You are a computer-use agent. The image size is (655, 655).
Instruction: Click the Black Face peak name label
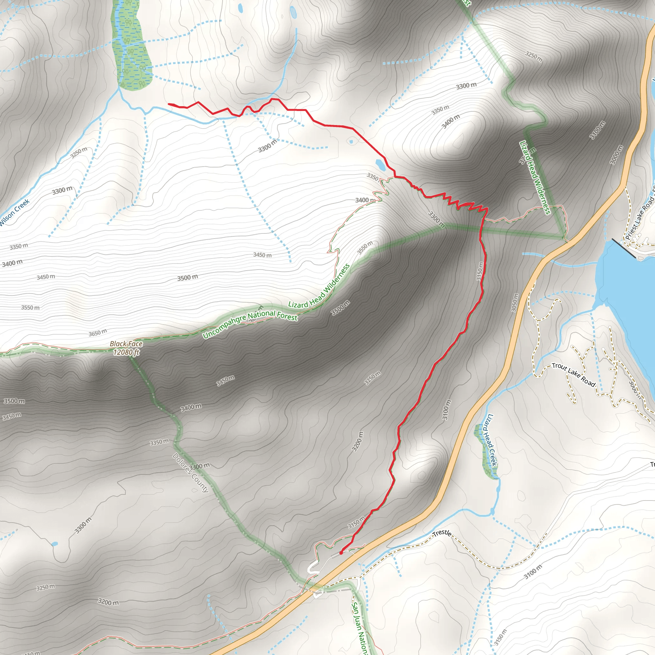coord(126,344)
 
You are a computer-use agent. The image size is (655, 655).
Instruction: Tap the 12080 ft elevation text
coord(126,352)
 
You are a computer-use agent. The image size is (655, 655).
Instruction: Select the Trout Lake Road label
coord(573,374)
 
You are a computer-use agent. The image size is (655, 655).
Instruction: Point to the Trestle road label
coord(442,533)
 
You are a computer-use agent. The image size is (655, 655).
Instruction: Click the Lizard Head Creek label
coord(492,440)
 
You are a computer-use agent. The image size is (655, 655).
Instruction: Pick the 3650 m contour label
coord(98,333)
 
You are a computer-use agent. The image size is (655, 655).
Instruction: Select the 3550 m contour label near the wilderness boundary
coord(365,248)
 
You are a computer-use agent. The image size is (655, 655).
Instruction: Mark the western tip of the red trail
coord(169,104)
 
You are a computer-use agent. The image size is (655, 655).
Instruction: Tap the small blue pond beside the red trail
coord(380,165)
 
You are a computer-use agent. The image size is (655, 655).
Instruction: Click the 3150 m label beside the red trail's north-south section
coord(480,271)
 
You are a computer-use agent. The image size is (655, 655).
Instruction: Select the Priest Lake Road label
coord(640,217)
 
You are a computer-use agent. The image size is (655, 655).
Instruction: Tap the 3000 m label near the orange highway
coord(616,155)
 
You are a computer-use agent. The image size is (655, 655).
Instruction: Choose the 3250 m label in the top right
coord(534,57)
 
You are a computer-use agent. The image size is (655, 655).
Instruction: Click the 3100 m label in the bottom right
coord(533,572)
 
